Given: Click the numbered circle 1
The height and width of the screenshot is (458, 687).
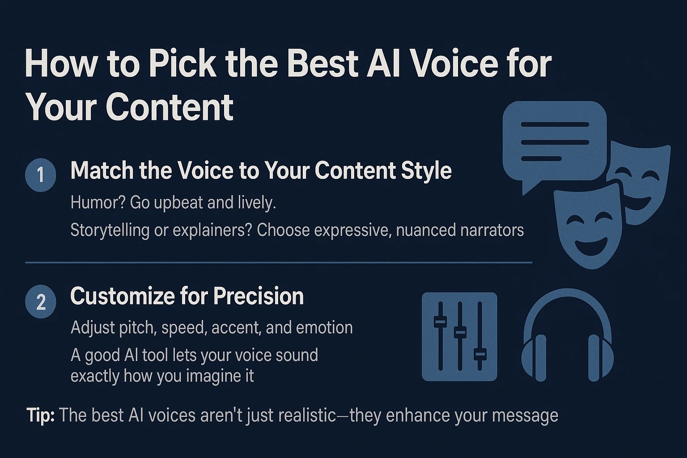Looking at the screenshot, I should (41, 174).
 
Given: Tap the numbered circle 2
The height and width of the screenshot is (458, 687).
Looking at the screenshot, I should (41, 302).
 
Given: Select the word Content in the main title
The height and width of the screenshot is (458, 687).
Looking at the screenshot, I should (170, 107).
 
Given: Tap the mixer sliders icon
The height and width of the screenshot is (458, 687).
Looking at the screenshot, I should (459, 336).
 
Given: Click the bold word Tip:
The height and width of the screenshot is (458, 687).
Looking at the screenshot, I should (40, 416).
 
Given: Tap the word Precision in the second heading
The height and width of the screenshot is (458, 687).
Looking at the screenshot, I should (259, 296).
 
